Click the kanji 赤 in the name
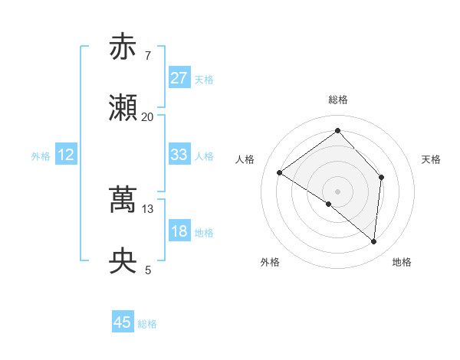pos(123,47)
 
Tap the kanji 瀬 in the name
pos(123,109)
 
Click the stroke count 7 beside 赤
pos(147,55)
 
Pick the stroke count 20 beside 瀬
pos(147,116)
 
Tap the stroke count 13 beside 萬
pos(148,208)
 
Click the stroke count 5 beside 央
pos(148,270)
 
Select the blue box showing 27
pos(179,78)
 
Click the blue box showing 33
pos(179,155)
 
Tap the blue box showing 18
pos(179,231)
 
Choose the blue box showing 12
pos(65,155)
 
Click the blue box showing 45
pos(123,322)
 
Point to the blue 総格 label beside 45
pos(147,324)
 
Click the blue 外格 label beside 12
pos(41,156)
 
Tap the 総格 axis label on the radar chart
pos(338,100)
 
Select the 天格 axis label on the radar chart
pos(431,159)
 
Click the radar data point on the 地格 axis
pos(374,241)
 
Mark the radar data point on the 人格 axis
pos(280,172)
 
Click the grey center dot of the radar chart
pos(337,191)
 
